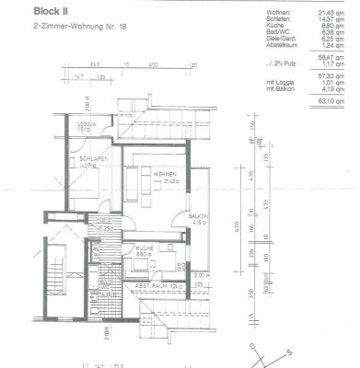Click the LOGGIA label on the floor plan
tap(86, 126)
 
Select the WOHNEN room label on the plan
tap(165, 174)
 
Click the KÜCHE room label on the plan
tap(144, 249)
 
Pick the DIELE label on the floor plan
tap(103, 222)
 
